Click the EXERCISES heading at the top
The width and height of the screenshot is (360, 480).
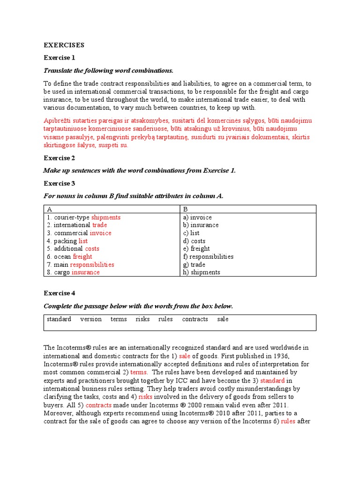pyautogui.click(x=64, y=45)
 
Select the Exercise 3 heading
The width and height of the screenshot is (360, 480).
pyautogui.click(x=59, y=183)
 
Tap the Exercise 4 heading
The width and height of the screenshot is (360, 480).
pyautogui.click(x=59, y=293)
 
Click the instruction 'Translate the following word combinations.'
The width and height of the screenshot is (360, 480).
pyautogui.click(x=108, y=70)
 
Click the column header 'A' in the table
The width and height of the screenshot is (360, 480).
pyautogui.click(x=49, y=209)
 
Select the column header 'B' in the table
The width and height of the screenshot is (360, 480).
pyautogui.click(x=185, y=209)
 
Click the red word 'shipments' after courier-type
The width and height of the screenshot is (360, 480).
pyautogui.click(x=105, y=217)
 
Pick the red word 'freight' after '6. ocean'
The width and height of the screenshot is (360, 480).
pyautogui.click(x=82, y=256)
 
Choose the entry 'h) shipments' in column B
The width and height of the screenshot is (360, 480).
pyautogui.click(x=202, y=272)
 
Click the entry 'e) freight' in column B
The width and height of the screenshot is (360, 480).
pyautogui.click(x=196, y=248)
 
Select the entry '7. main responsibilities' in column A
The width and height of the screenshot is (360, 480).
pyautogui.click(x=80, y=264)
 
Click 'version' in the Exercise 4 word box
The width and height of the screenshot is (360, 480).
pyautogui.click(x=91, y=319)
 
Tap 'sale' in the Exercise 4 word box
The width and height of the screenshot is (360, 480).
pyautogui.click(x=223, y=319)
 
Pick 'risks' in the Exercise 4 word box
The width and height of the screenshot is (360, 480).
pyautogui.click(x=142, y=319)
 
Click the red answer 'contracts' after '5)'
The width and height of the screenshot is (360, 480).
pyautogui.click(x=98, y=405)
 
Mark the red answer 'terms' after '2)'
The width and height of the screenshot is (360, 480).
pyautogui.click(x=138, y=372)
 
